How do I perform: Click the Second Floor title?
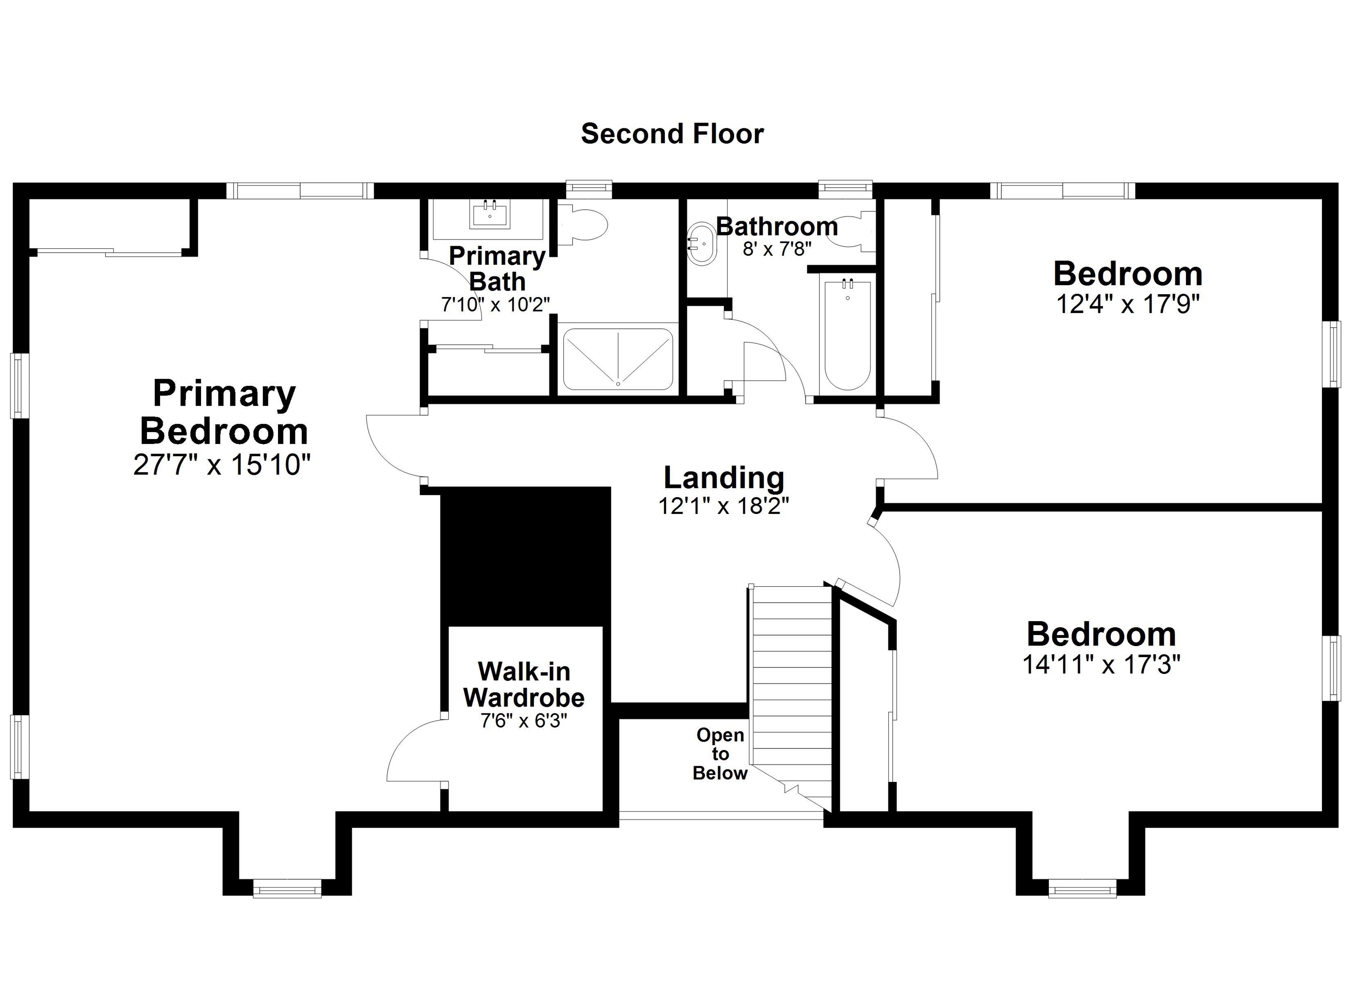click(x=672, y=134)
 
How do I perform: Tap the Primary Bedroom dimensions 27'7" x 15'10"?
click(x=222, y=465)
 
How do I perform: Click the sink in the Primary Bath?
click(x=489, y=215)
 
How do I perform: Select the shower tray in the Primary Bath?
click(x=618, y=359)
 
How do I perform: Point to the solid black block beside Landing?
click(x=526, y=557)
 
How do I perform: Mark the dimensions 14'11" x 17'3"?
click(x=1101, y=664)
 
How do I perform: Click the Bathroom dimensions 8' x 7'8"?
click(x=777, y=249)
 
